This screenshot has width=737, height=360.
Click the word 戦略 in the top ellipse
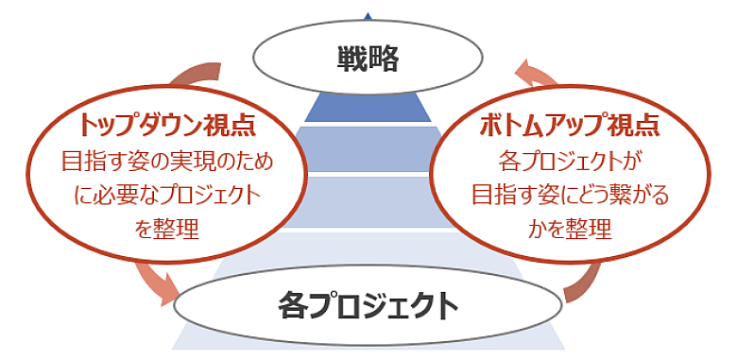368,59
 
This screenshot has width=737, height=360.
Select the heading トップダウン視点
166,124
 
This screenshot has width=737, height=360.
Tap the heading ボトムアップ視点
569,124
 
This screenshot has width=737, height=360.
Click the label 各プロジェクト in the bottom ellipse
368,305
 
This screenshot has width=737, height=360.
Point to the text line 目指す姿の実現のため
166,161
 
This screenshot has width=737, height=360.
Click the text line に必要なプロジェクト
166,195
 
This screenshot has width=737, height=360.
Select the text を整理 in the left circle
166,228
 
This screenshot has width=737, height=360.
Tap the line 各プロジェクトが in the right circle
569,161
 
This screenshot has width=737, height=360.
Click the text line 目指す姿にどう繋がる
569,195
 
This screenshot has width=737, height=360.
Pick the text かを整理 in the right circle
569,228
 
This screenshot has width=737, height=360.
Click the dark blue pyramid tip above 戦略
368,14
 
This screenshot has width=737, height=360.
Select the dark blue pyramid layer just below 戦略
368,107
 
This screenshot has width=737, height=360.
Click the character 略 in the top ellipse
385,59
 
